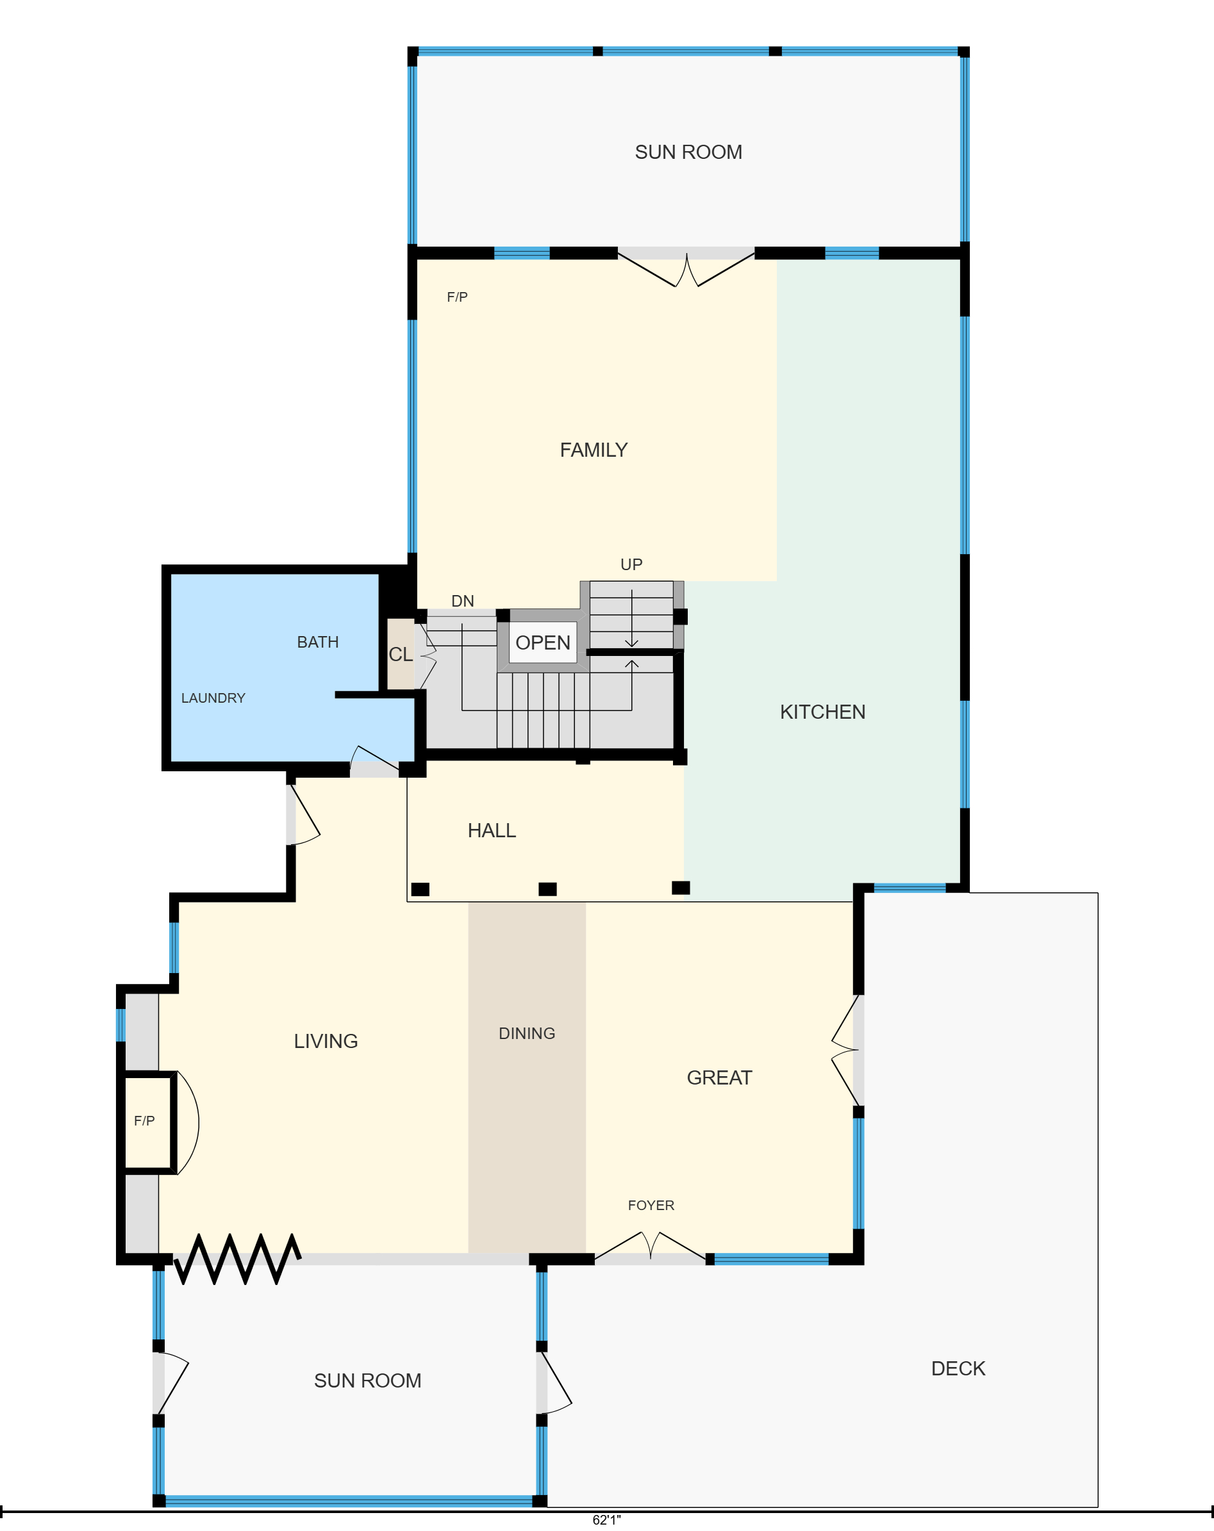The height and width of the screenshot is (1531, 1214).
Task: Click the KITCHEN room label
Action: coord(822,712)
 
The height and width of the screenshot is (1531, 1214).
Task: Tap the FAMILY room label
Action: coord(594,450)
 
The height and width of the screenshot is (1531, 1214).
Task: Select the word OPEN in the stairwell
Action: coord(543,643)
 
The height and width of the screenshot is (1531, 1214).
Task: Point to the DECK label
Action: coord(958,1368)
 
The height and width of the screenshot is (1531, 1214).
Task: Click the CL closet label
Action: coord(401,654)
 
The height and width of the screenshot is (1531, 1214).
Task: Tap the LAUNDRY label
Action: coord(213,698)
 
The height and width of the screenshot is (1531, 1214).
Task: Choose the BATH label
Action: coord(317,642)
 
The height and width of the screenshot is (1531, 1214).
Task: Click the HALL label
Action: coord(492,830)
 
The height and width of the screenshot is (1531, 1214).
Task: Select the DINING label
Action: coord(527,1033)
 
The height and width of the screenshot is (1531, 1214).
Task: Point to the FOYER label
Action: coord(651,1205)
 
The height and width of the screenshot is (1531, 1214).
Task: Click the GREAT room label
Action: coord(720,1077)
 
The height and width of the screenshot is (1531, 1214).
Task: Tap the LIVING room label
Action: coord(326,1041)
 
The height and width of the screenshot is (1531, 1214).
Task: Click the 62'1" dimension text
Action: coord(606,1519)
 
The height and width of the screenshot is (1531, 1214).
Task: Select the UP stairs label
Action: coord(631,564)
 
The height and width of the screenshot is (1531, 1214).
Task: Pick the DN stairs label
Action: coord(462,601)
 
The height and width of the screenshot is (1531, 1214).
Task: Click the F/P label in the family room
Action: coord(458,297)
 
